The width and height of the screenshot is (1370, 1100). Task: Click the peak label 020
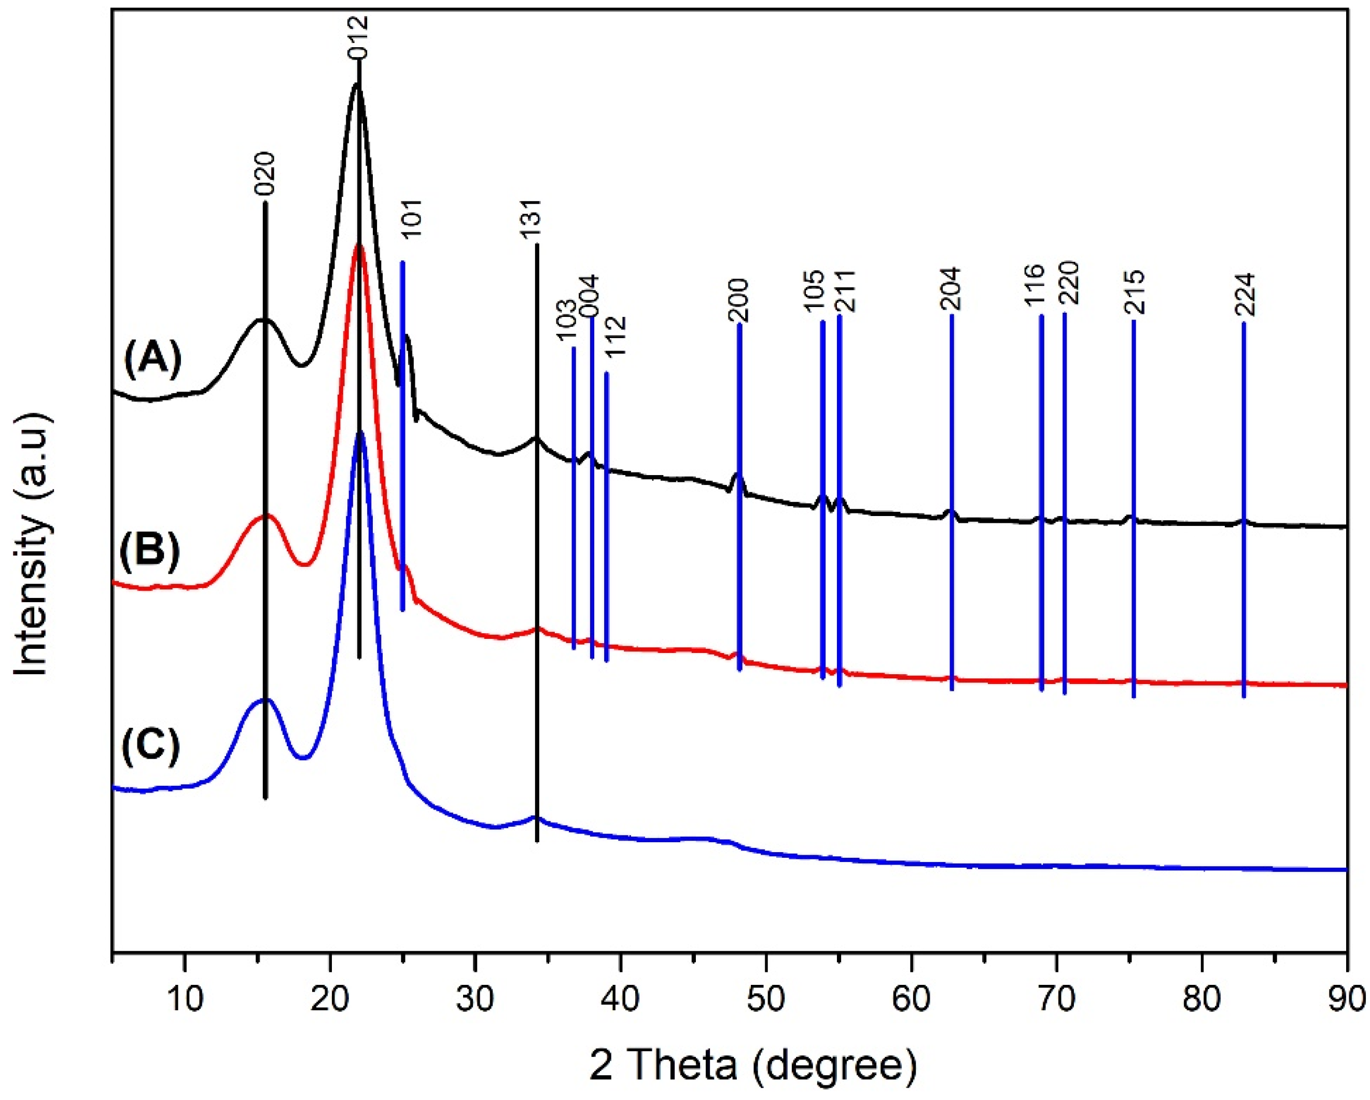(264, 174)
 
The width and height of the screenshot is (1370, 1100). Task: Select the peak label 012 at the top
(358, 37)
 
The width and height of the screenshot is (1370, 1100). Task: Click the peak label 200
(739, 300)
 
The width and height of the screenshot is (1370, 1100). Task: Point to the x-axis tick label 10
(184, 999)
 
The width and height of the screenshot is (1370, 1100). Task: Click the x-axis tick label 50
(766, 999)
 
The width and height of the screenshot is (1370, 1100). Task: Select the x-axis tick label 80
(1201, 999)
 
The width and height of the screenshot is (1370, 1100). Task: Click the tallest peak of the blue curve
(360, 433)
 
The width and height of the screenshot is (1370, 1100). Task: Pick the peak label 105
(815, 290)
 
